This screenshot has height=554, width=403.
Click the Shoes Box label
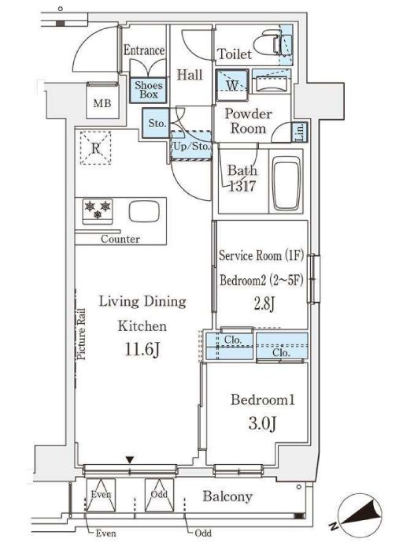point(149,90)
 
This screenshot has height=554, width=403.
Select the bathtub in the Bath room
point(286,185)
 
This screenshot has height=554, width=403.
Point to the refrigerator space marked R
point(95,148)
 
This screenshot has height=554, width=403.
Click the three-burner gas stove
point(98,211)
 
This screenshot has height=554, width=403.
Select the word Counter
point(120,239)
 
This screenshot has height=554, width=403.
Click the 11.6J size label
point(142,349)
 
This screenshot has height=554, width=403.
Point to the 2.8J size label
point(264,304)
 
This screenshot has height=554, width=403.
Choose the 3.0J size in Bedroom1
point(262,423)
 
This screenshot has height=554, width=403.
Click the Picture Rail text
point(81,334)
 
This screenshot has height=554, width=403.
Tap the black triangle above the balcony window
point(130,460)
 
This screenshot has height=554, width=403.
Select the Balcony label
point(227,496)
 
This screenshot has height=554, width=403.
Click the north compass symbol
point(360,515)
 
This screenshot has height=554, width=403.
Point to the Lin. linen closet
point(301,132)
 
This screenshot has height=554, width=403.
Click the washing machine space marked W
point(232,85)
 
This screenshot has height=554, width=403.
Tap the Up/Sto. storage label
point(191,146)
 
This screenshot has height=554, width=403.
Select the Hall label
point(190,75)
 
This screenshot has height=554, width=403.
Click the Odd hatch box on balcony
point(160,495)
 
